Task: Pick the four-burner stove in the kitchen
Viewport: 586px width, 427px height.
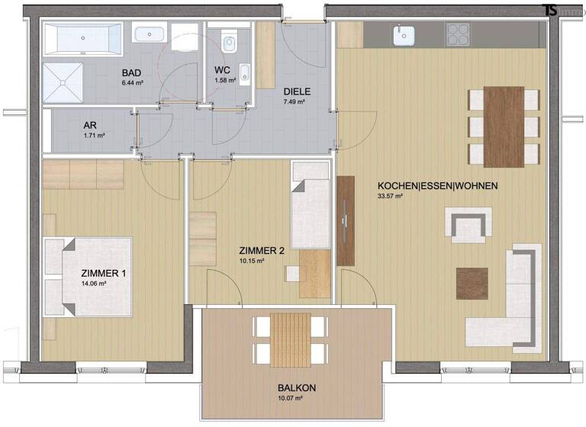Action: pos(458,34)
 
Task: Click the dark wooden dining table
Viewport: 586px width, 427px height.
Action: pos(504,126)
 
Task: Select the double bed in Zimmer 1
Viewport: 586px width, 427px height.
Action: pos(90,276)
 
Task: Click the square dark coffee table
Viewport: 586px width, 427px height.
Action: pos(472,284)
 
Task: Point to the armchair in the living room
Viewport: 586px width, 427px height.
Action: pos(466,226)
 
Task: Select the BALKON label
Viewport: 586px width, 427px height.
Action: pos(296,387)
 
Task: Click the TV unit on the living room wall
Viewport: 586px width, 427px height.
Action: pos(346,221)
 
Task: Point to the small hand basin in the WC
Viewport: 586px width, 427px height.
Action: pos(244,73)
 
